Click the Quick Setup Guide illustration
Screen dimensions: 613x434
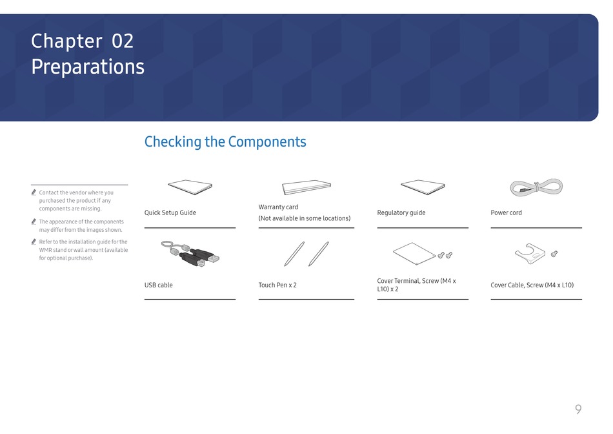pos(190,187)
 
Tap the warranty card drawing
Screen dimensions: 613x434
pos(306,187)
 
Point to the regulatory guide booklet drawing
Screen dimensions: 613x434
pos(423,187)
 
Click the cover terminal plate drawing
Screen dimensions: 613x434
pos(414,254)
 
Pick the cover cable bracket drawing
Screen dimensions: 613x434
pos(530,254)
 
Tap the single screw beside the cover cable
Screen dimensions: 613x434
pos(554,254)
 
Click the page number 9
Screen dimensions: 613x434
pos(578,409)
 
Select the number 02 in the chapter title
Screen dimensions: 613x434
pos(123,41)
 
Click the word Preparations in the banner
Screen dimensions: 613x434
pos(88,67)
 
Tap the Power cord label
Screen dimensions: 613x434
pos(506,213)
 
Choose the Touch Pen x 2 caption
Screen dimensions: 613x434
pos(277,285)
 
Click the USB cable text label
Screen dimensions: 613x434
pos(158,285)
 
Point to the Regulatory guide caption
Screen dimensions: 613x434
pos(401,213)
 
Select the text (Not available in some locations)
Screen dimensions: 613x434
pos(305,218)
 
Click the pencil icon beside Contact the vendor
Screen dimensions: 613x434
pos(34,192)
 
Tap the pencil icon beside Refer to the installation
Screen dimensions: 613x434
pos(34,242)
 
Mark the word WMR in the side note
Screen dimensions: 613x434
pos(45,250)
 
